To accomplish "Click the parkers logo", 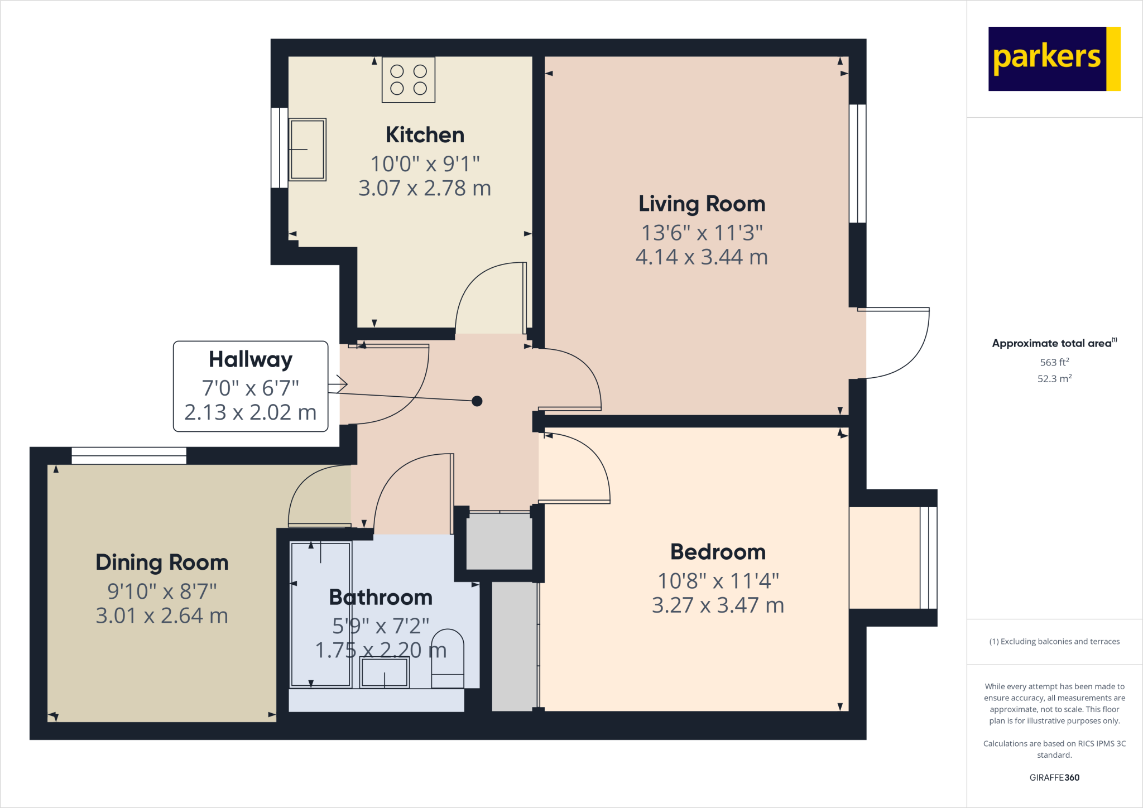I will click(1054, 59).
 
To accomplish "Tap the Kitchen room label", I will click(425, 135).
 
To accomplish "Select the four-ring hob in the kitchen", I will click(409, 80).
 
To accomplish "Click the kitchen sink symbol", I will click(307, 150).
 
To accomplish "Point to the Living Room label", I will click(702, 204).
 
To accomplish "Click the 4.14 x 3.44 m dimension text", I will click(702, 257).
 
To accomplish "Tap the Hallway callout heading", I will click(251, 359).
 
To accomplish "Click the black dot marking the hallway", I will click(477, 401).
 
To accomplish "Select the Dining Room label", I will click(162, 562).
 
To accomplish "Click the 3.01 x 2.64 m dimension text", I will click(162, 616).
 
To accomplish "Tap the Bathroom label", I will click(381, 598).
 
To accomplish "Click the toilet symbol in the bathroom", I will click(448, 658).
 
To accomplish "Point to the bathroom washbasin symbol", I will click(385, 672).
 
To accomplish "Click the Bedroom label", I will click(718, 552).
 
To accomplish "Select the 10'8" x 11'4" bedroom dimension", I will click(718, 581).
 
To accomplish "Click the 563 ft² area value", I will click(1054, 362).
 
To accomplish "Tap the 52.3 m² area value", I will click(1054, 378).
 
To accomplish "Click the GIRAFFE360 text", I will click(1054, 777).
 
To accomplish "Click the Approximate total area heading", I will click(1052, 344).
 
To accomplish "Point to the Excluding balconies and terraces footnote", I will click(1054, 642).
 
